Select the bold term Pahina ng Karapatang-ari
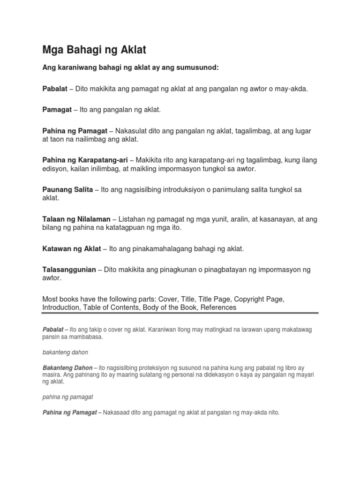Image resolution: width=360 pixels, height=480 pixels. coord(85,160)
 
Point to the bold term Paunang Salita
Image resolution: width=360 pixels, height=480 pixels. coord(67,189)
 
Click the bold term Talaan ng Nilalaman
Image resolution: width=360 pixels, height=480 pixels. coord(76,219)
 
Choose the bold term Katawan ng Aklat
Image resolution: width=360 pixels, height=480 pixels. coord(72,248)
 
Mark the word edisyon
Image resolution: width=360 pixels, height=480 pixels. coord(55,168)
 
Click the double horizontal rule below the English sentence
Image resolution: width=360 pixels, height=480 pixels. coord(180,314)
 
